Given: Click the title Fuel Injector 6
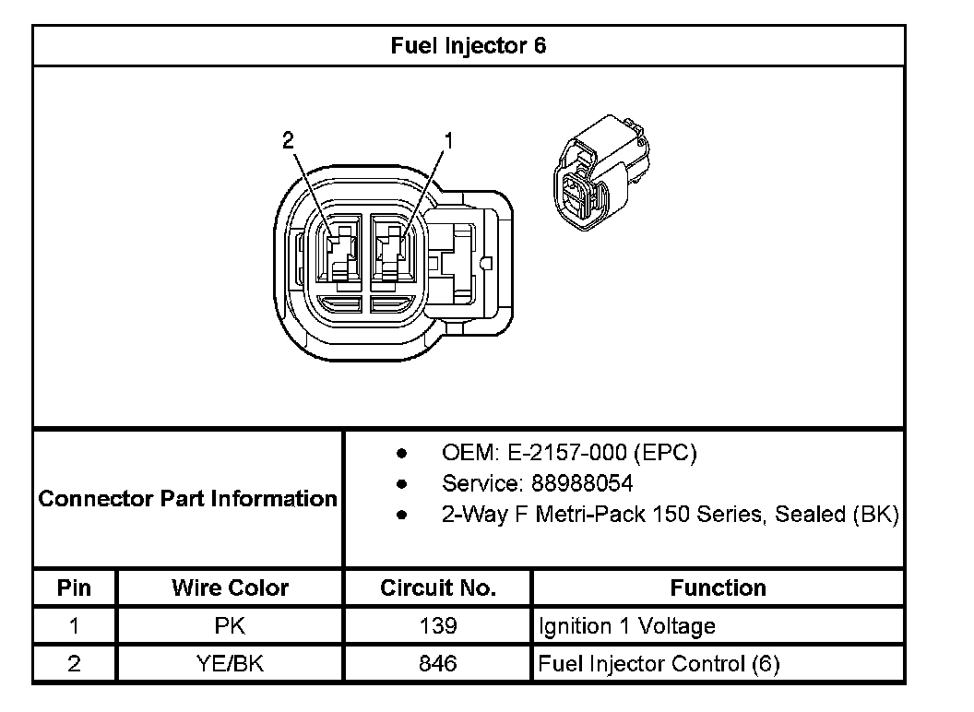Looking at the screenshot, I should pyautogui.click(x=469, y=45).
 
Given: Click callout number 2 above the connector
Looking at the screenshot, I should pyautogui.click(x=288, y=140).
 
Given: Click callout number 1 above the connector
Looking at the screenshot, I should pyautogui.click(x=449, y=140).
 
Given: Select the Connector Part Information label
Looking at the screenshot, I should pyautogui.click(x=188, y=499).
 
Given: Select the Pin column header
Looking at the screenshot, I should pyautogui.click(x=74, y=587).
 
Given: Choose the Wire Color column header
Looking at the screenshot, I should pyautogui.click(x=230, y=587).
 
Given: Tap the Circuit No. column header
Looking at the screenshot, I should pyautogui.click(x=437, y=587).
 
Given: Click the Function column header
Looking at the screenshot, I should pyautogui.click(x=718, y=587).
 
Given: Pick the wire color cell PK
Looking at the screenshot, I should pyautogui.click(x=230, y=626).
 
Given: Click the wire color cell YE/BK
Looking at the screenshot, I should pyautogui.click(x=230, y=663).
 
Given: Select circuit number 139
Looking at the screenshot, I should pyautogui.click(x=437, y=626).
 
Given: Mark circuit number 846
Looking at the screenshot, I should pyautogui.click(x=437, y=663).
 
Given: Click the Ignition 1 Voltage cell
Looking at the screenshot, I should pyautogui.click(x=626, y=626).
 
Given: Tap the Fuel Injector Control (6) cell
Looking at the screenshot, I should pyautogui.click(x=659, y=663).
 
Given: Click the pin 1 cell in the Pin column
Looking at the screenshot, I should pyautogui.click(x=74, y=626).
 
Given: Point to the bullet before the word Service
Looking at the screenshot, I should pyautogui.click(x=401, y=483).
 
